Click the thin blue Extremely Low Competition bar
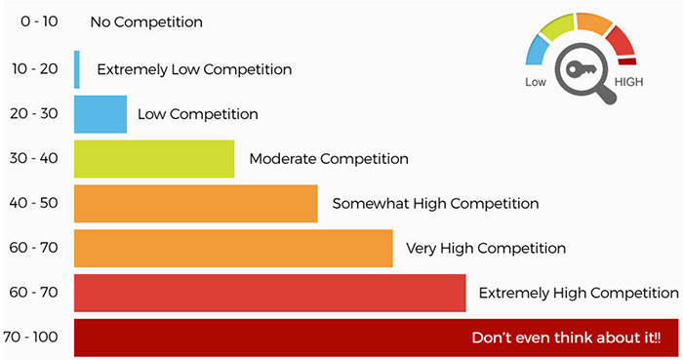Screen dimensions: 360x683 click(x=77, y=69)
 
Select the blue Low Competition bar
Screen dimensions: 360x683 click(x=100, y=114)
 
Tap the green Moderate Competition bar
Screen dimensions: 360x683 click(x=154, y=159)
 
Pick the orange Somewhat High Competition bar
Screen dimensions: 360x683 click(x=196, y=204)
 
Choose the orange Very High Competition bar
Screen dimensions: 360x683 click(x=233, y=248)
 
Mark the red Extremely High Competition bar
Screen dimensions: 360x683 click(x=269, y=293)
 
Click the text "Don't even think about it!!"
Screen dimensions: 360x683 click(x=566, y=338)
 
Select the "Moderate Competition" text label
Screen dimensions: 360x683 click(x=329, y=158)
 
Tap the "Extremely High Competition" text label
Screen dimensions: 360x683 click(x=579, y=293)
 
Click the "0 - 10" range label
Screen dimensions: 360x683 click(x=39, y=22)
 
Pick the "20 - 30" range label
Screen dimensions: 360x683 click(x=39, y=114)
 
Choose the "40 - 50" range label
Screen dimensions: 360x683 click(x=39, y=204)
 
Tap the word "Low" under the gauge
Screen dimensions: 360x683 click(x=535, y=83)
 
